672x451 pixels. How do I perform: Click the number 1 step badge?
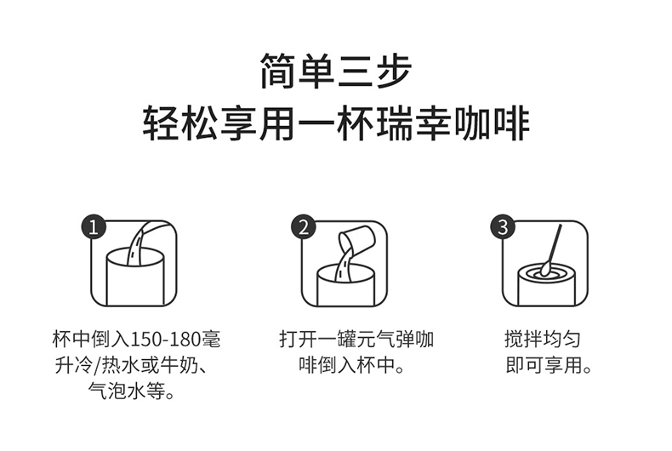pos(94,227)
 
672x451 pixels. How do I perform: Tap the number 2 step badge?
pos(304,227)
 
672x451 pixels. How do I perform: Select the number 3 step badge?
pos(503,227)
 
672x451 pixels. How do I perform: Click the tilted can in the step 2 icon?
pos(356,239)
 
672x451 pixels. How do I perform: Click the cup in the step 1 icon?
pos(135,283)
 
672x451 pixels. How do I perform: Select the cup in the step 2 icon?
pos(346,287)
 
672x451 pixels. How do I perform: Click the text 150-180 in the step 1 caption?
pos(164,340)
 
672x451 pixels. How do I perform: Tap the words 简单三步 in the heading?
pos(336,71)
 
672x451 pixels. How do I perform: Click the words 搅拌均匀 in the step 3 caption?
pos(542,340)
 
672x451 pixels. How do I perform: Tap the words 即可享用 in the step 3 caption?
pos(544,365)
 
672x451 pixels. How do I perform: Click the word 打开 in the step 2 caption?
pos(299,340)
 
